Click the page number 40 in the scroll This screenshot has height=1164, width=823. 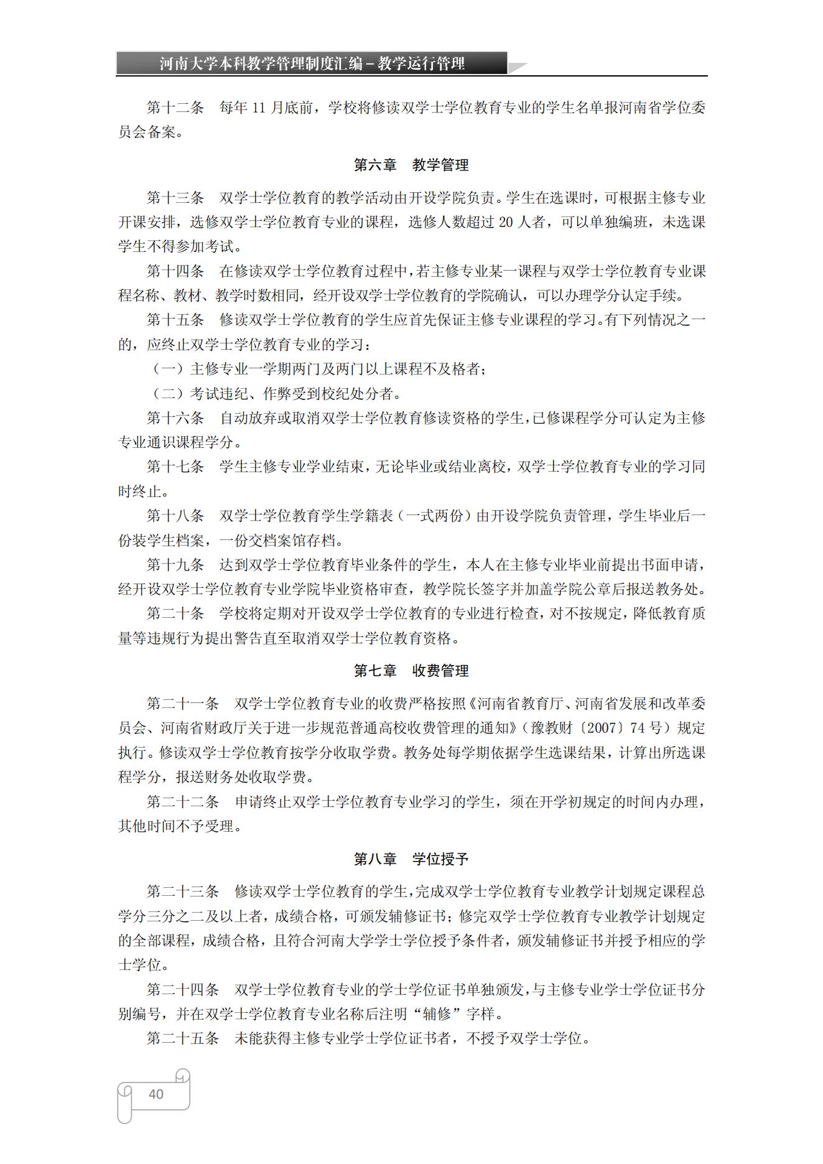[x=156, y=1094]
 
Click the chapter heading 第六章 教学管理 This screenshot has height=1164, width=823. [x=411, y=165]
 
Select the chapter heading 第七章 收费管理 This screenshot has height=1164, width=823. [x=411, y=671]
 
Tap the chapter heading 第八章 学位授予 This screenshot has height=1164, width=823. [x=411, y=859]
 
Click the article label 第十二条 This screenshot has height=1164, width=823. [x=175, y=108]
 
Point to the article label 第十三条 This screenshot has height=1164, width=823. [x=175, y=198]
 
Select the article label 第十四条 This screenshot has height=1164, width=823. [x=175, y=271]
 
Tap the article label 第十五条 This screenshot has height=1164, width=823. [x=175, y=320]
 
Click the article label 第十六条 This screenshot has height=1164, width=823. [x=175, y=417]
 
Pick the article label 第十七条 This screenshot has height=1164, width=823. [x=175, y=467]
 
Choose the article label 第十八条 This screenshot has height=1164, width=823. [x=175, y=516]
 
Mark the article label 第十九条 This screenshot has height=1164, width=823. [x=175, y=565]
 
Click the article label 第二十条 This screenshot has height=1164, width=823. [x=175, y=613]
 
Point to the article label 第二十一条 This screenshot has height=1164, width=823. [x=182, y=704]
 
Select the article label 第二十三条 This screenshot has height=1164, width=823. [x=182, y=892]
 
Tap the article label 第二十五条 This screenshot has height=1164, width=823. [x=182, y=1038]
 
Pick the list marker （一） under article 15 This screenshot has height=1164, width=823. [x=168, y=369]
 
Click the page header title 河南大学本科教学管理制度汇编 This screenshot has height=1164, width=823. [x=261, y=63]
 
